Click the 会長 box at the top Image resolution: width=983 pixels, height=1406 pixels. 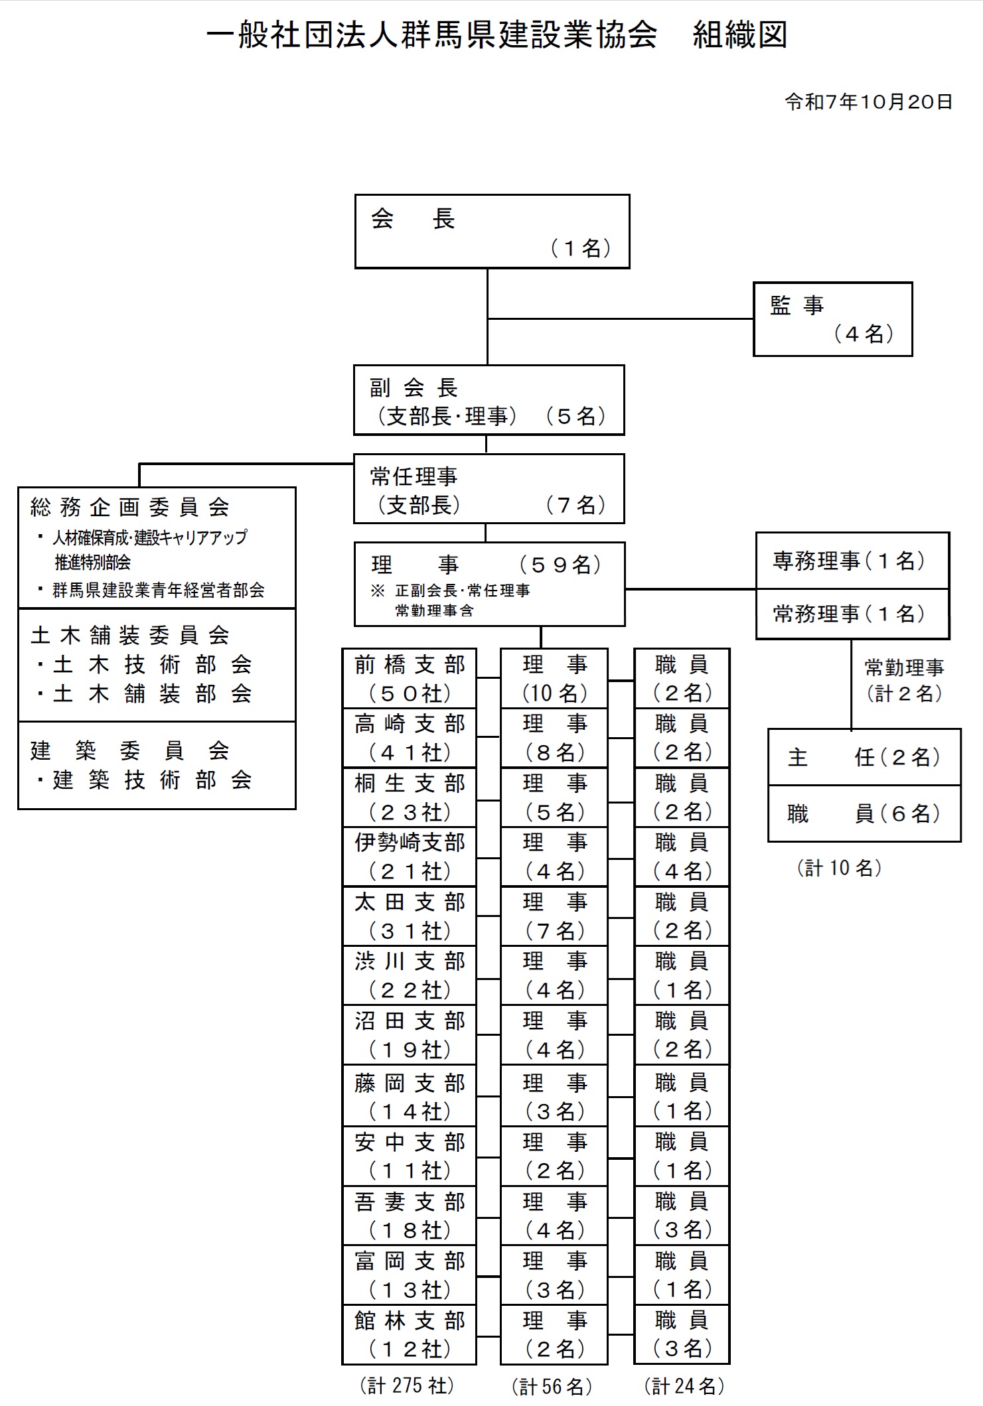pos(492,232)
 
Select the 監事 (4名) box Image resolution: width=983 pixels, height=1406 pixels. pos(832,319)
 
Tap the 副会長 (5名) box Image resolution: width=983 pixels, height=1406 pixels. pos(489,400)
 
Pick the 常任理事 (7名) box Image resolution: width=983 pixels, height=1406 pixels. pos(489,489)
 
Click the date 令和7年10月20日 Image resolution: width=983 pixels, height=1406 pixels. pos(869,102)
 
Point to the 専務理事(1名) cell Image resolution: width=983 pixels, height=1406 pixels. pos(852,561)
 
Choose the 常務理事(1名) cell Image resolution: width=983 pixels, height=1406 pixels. pos(852,614)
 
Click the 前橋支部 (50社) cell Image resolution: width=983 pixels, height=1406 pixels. pos(410,679)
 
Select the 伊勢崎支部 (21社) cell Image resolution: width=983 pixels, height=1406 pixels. pos(410,857)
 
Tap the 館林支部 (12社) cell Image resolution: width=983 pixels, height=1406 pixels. pos(410,1334)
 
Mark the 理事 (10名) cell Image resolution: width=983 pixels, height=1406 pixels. pos(554,679)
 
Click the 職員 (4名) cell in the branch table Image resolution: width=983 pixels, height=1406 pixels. pos(682,857)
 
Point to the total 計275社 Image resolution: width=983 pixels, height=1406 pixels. pos(407,1385)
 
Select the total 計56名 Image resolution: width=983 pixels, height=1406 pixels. pos(552,1386)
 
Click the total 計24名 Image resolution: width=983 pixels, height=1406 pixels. pos(684,1385)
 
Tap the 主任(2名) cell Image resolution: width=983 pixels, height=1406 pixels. pos(864,758)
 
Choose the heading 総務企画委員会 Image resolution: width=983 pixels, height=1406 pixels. pos(130,508)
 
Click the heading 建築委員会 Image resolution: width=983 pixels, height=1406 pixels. pos(130,751)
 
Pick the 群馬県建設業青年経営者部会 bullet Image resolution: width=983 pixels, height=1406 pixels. pos(158,590)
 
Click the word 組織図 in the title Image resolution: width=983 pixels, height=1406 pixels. pos(739,35)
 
